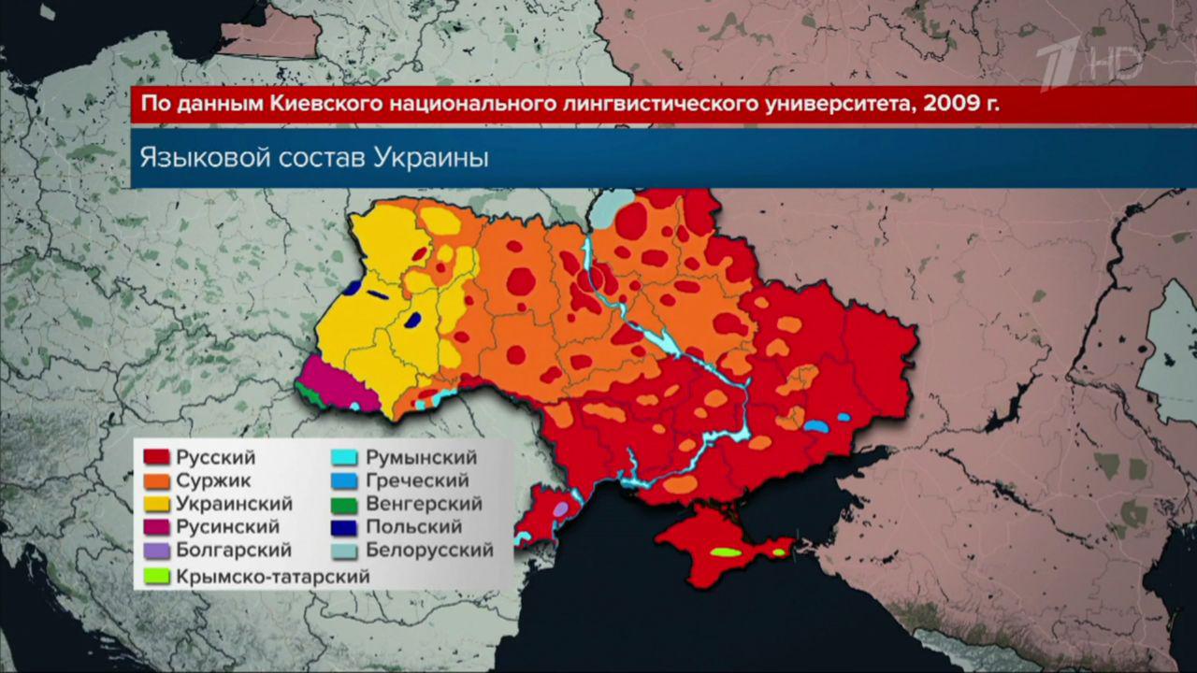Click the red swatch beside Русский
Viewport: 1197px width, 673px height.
coord(156,458)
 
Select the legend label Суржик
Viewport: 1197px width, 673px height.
coord(212,481)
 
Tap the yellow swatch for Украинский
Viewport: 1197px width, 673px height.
coord(156,505)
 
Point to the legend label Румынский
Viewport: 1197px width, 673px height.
coord(421,458)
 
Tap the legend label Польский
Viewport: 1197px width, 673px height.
coord(413,528)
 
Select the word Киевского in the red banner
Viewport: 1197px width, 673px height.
coord(321,104)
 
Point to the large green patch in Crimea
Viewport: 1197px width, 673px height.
coord(726,552)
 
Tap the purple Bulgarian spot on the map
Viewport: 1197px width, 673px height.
coord(561,509)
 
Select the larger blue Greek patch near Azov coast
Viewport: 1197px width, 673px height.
coord(815,426)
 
